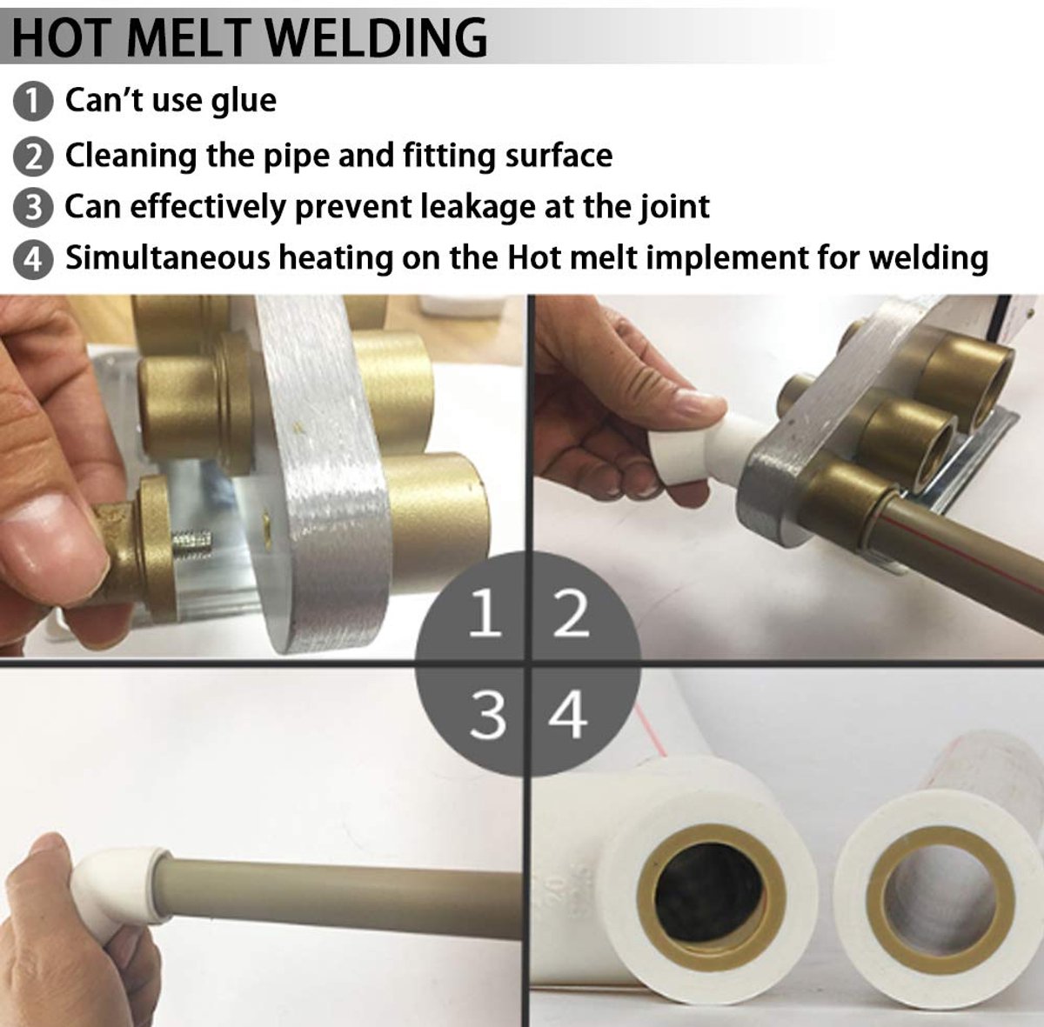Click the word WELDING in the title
click(377, 38)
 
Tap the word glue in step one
click(244, 101)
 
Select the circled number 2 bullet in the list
click(33, 157)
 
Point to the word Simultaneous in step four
click(167, 257)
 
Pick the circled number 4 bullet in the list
click(33, 258)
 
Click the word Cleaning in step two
click(130, 157)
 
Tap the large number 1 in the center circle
click(484, 613)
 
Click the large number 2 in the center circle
click(571, 613)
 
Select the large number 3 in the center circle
click(487, 715)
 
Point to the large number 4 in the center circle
click(568, 715)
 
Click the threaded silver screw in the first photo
click(191, 541)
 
